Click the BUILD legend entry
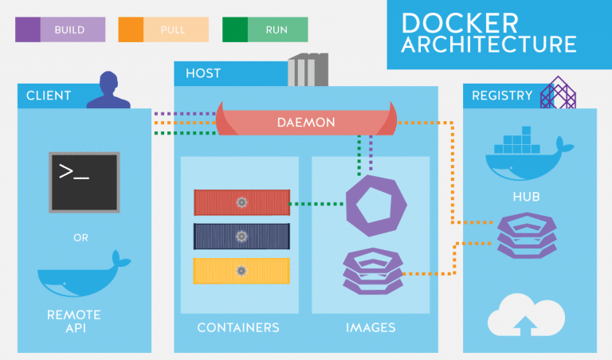coord(60,29)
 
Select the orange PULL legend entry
coord(163,29)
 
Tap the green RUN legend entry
coord(265,29)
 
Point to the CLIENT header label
coord(49,96)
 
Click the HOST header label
coord(203,73)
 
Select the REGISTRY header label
coord(502,96)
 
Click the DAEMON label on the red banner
coord(306,123)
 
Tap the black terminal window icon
coord(84,182)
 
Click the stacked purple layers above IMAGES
coord(371,274)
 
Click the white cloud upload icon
coord(527,314)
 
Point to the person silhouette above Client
coord(108,89)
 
